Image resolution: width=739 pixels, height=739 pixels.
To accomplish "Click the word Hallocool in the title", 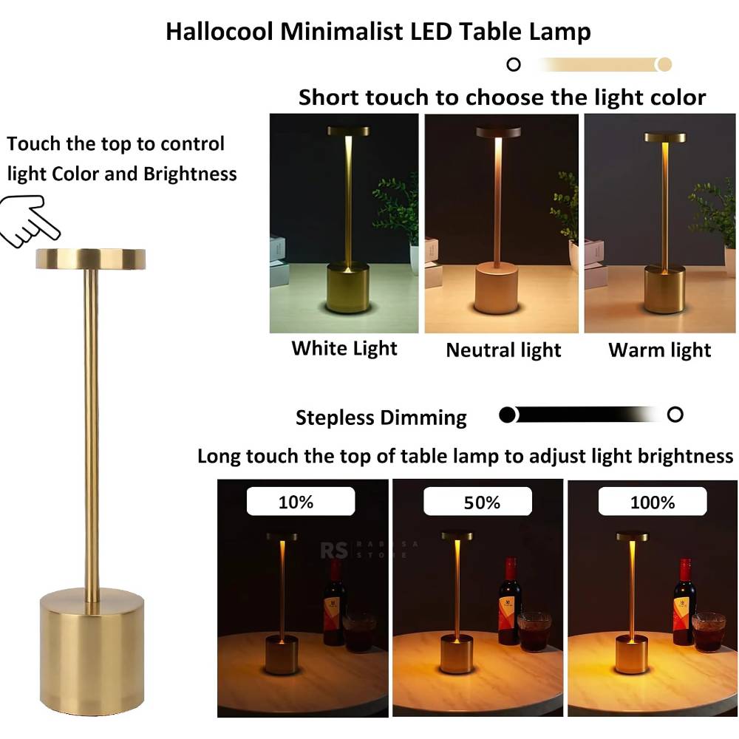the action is click(219, 32).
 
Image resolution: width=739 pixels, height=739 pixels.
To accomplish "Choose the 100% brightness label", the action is click(653, 502).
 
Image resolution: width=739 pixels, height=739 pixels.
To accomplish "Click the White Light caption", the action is click(344, 349).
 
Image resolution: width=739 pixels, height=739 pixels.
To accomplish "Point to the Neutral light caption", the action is click(503, 350).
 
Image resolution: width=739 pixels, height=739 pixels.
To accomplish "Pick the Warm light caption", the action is click(659, 350).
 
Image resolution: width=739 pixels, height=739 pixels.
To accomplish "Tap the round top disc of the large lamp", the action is click(90, 259).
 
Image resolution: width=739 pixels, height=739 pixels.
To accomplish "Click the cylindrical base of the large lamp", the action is click(92, 650).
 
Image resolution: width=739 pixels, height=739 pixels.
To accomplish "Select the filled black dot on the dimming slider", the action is click(507, 415).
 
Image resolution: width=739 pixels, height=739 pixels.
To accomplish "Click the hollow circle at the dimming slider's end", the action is click(675, 415).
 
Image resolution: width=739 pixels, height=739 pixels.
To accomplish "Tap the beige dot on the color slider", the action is click(664, 64).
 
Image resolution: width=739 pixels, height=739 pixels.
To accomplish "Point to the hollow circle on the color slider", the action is click(514, 64).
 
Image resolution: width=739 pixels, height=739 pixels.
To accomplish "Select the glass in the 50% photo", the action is click(534, 632).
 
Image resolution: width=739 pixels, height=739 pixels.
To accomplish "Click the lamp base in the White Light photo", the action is click(348, 288).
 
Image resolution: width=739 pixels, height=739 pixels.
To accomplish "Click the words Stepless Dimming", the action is click(381, 418).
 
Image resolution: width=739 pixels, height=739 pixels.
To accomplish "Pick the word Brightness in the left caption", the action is click(190, 174).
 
